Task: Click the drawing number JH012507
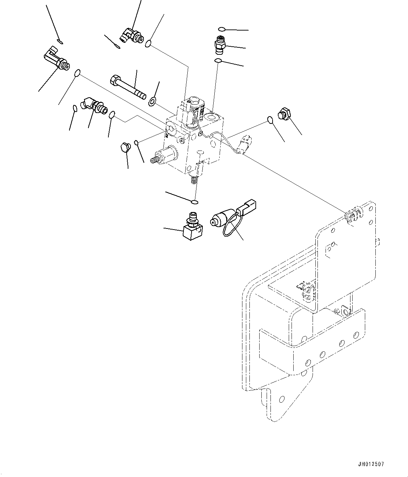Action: point(371,464)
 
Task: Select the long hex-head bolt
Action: point(128,87)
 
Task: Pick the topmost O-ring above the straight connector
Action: point(221,29)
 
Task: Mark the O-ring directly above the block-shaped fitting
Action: point(195,202)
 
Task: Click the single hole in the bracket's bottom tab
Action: point(281,399)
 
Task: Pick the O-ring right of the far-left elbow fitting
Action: point(78,73)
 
